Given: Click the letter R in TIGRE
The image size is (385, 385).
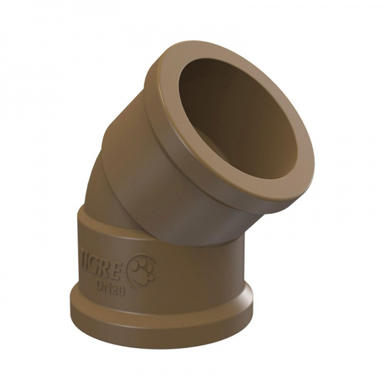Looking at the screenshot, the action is pyautogui.click(x=109, y=259).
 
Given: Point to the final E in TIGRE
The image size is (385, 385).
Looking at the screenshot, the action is pyautogui.click(x=123, y=261).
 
